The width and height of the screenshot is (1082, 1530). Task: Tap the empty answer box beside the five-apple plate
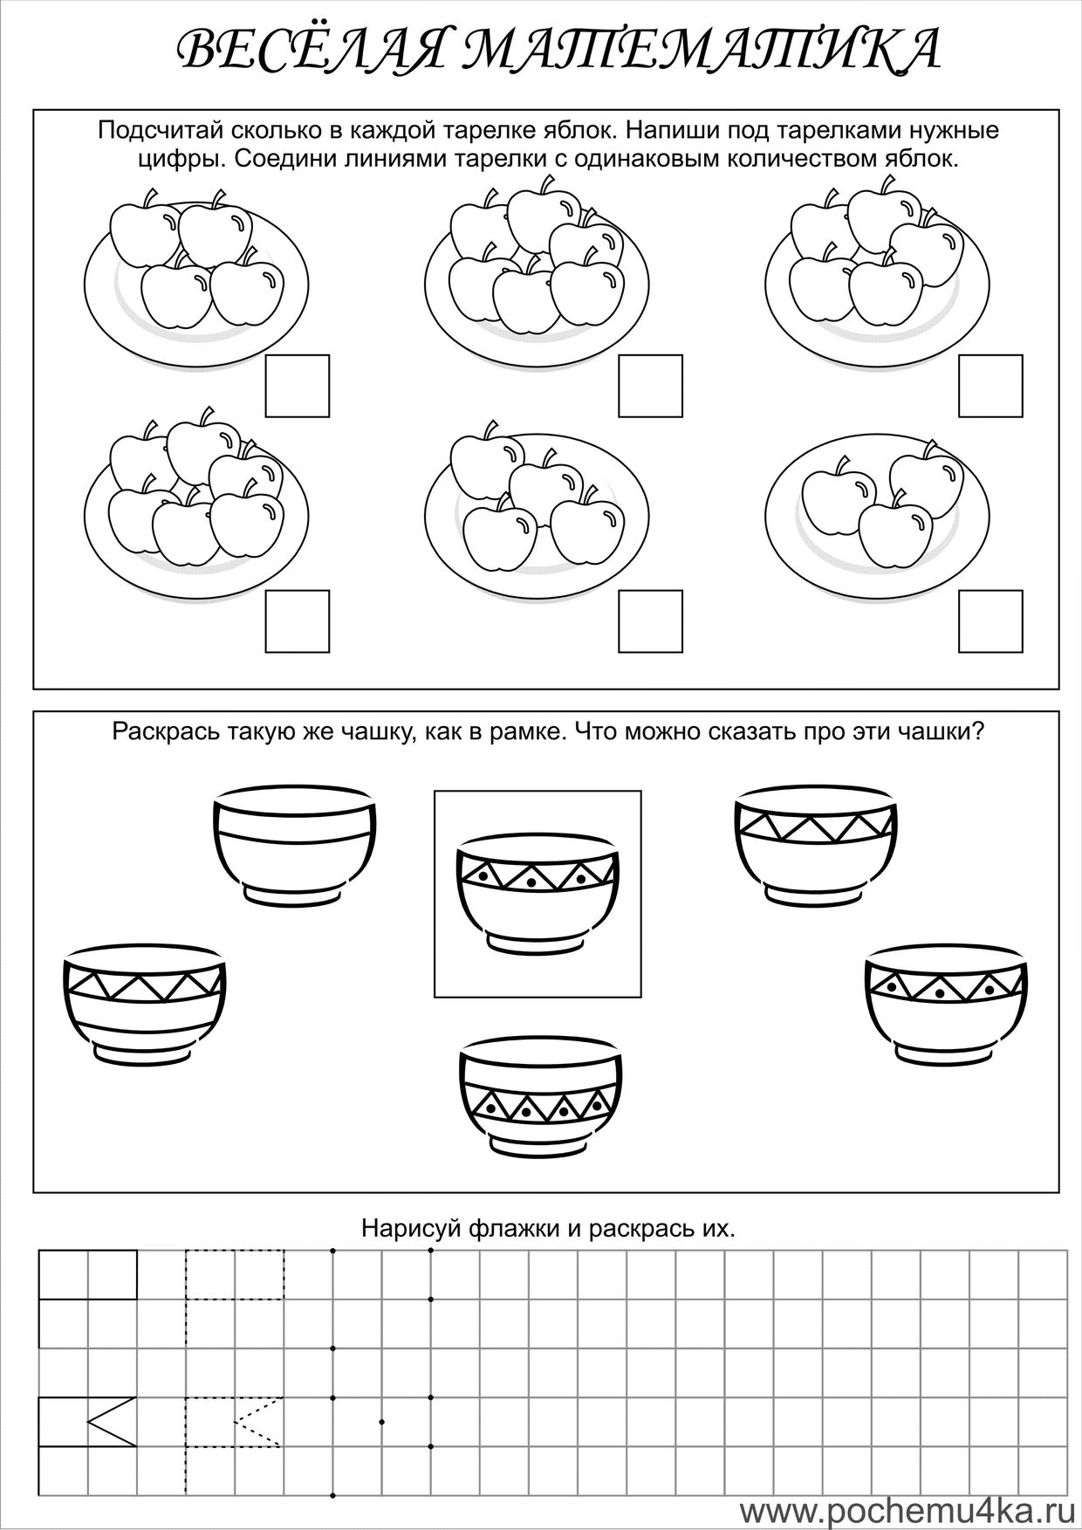[990, 386]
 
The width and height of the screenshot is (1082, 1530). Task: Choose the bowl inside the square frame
[538, 893]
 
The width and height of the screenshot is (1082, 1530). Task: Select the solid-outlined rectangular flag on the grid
[88, 1274]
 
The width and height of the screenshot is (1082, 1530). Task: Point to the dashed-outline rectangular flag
[234, 1274]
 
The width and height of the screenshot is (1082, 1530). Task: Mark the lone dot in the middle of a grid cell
[382, 1423]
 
